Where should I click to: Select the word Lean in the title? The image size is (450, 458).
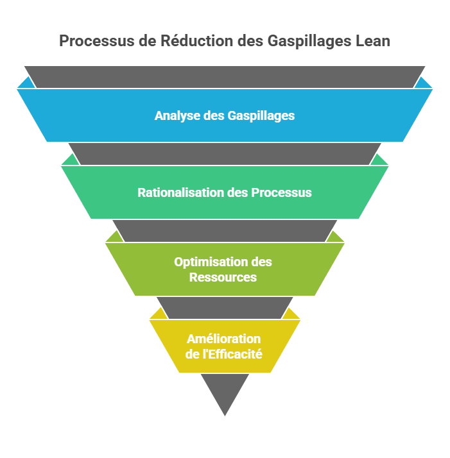point(373,41)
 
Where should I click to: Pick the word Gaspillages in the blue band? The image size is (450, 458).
point(261,116)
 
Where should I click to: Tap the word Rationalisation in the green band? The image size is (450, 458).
point(180,192)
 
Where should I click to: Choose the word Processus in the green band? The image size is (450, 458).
point(281,192)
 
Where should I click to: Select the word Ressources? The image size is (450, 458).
point(223,278)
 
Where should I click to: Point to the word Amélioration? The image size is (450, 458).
point(223,339)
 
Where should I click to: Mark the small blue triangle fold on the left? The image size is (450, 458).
point(25,83)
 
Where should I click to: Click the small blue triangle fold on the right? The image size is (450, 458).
point(424,83)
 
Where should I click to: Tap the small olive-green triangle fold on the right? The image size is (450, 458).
point(336,237)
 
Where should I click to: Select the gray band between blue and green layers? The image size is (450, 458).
point(225,153)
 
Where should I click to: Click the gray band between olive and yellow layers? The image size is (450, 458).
point(225,307)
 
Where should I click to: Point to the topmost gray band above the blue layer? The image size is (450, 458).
point(225,76)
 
